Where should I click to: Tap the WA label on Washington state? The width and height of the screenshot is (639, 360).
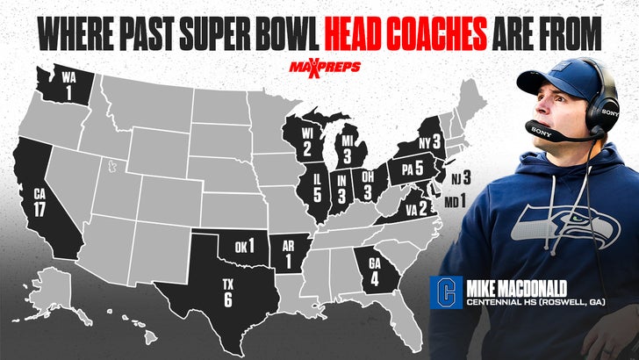click(68, 76)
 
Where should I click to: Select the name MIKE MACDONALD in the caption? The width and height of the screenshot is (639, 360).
click(521, 288)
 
